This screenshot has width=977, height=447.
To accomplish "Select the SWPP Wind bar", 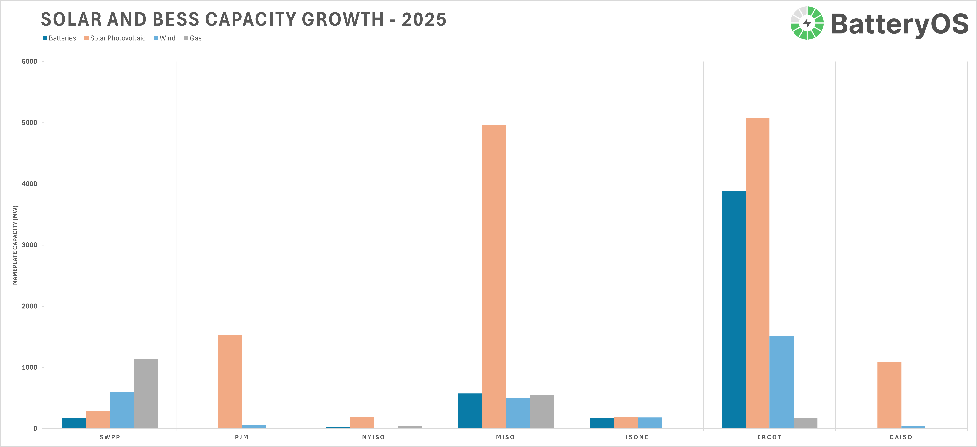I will pyautogui.click(x=122, y=410).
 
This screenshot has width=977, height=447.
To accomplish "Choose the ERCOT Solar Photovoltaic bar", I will pyautogui.click(x=757, y=273).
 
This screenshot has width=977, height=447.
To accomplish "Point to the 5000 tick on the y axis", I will pyautogui.click(x=30, y=123).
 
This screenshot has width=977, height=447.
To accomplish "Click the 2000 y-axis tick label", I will pyautogui.click(x=30, y=306).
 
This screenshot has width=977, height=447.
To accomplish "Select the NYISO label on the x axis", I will pyautogui.click(x=374, y=437).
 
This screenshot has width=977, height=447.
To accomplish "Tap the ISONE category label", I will pyautogui.click(x=637, y=437).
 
